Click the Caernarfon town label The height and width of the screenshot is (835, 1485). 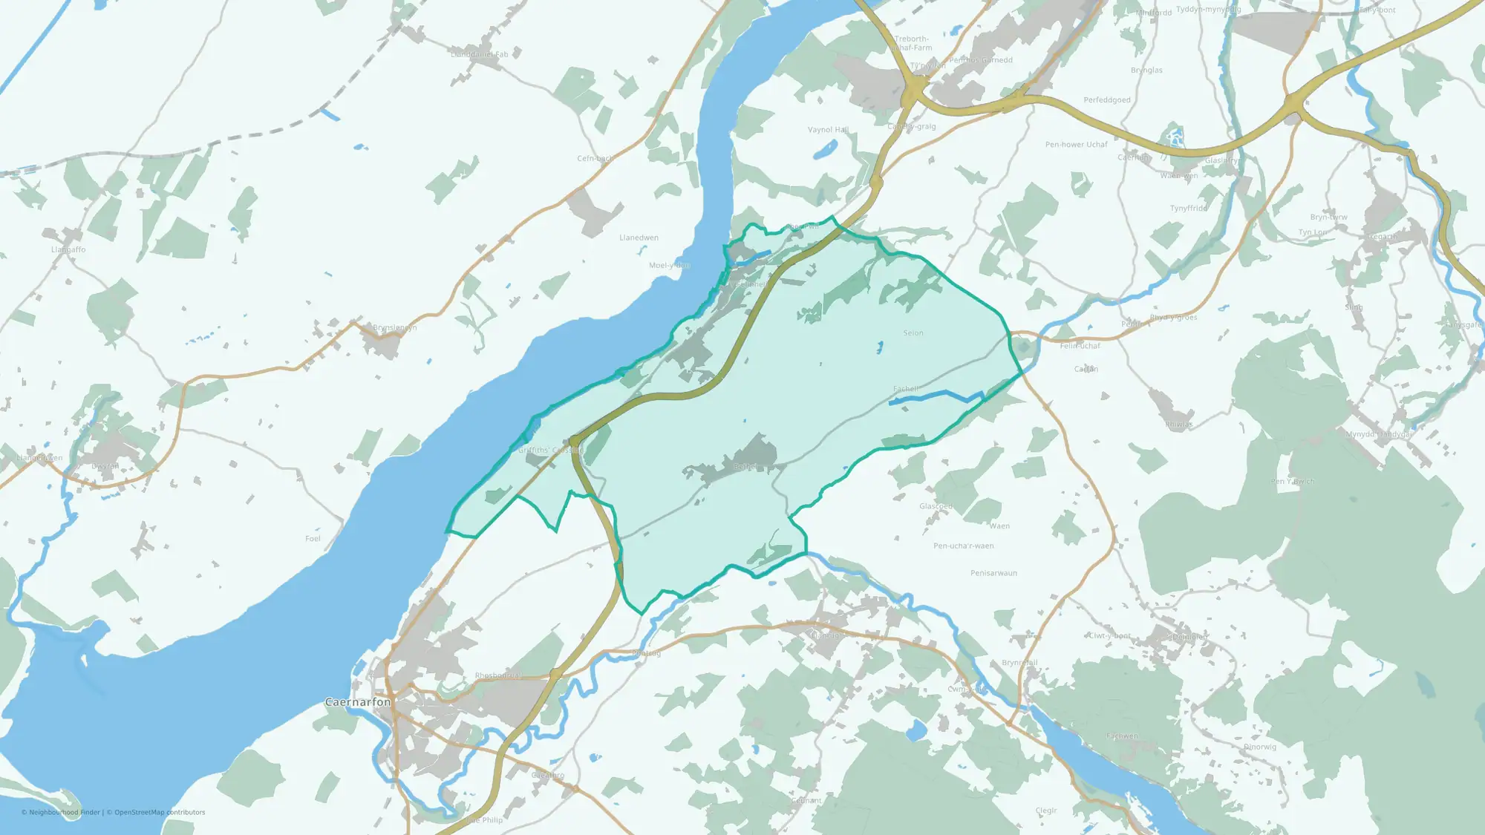[358, 702]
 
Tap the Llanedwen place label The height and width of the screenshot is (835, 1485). [639, 238]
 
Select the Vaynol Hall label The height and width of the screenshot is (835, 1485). [828, 130]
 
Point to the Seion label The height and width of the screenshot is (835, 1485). [913, 333]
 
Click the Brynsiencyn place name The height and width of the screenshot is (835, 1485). [394, 327]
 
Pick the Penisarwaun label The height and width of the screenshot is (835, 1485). [993, 573]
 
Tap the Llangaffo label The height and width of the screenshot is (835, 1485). [68, 249]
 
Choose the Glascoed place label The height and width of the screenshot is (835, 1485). [936, 506]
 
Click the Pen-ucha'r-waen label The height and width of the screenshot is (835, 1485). [963, 546]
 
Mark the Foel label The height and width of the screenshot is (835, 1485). [313, 539]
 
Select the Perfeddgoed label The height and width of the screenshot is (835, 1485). [1106, 100]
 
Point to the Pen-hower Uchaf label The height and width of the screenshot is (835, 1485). [1076, 145]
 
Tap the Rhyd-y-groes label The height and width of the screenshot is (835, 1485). [1173, 318]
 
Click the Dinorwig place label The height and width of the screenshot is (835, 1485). [1260, 747]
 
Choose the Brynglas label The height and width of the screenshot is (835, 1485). [1146, 71]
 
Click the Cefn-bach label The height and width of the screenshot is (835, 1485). [595, 158]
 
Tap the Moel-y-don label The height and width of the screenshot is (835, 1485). [669, 265]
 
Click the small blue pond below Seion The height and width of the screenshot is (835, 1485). [881, 347]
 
